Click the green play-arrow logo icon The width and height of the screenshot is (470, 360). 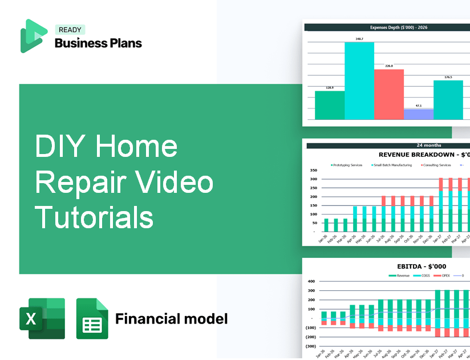point(33,35)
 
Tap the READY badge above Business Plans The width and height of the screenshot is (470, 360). point(70,30)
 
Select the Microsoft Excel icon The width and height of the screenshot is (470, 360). point(42,318)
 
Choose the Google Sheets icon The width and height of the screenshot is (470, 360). point(92,318)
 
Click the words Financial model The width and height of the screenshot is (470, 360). point(171,318)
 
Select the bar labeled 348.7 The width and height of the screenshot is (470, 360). point(359,80)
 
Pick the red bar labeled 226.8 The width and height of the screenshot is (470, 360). point(388,94)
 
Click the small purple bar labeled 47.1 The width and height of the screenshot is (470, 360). point(418,114)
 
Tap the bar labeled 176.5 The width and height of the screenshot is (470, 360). point(448,100)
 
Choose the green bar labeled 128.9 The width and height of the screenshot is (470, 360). point(330,105)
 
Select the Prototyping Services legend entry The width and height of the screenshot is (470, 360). point(349,165)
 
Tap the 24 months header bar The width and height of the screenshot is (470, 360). point(387,145)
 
